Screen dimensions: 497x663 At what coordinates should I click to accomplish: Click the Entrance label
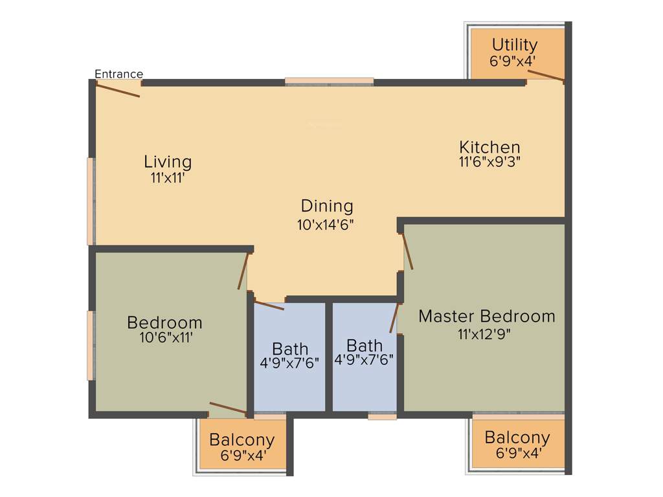tap(118, 74)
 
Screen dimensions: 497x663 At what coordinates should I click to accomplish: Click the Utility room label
tap(514, 45)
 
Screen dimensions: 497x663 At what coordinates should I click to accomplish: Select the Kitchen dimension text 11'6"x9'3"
tap(489, 162)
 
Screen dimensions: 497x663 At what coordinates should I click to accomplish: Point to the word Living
tap(168, 161)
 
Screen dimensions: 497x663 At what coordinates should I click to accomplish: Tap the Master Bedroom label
tap(486, 316)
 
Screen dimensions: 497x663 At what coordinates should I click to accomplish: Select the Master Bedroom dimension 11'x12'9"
tap(486, 334)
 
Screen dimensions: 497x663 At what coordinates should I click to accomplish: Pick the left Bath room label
tap(290, 349)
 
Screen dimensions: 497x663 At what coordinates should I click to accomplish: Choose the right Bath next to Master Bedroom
tap(364, 345)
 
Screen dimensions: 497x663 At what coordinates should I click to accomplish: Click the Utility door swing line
tap(545, 76)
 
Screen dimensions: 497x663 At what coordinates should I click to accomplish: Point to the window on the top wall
tap(329, 82)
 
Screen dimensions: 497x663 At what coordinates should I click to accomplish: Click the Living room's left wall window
tap(91, 201)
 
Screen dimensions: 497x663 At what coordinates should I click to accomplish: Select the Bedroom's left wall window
tap(91, 346)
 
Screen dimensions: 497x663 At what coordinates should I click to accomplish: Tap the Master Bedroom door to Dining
tap(408, 252)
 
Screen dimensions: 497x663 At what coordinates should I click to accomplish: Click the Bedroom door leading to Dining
tap(243, 271)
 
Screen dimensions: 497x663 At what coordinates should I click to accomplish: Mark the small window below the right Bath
tap(382, 417)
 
